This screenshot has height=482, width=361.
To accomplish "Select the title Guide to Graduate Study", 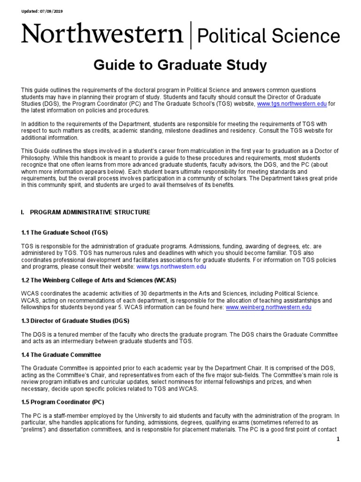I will click(180, 65).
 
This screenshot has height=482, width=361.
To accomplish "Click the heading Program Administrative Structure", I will click(90, 212).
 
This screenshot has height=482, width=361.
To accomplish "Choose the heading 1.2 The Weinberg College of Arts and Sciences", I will click(99, 280).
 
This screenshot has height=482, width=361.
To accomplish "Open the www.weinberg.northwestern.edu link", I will click(268, 307).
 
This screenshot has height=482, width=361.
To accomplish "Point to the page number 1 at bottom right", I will click(337, 439).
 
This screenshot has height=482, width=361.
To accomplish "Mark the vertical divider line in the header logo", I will click(190, 36).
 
